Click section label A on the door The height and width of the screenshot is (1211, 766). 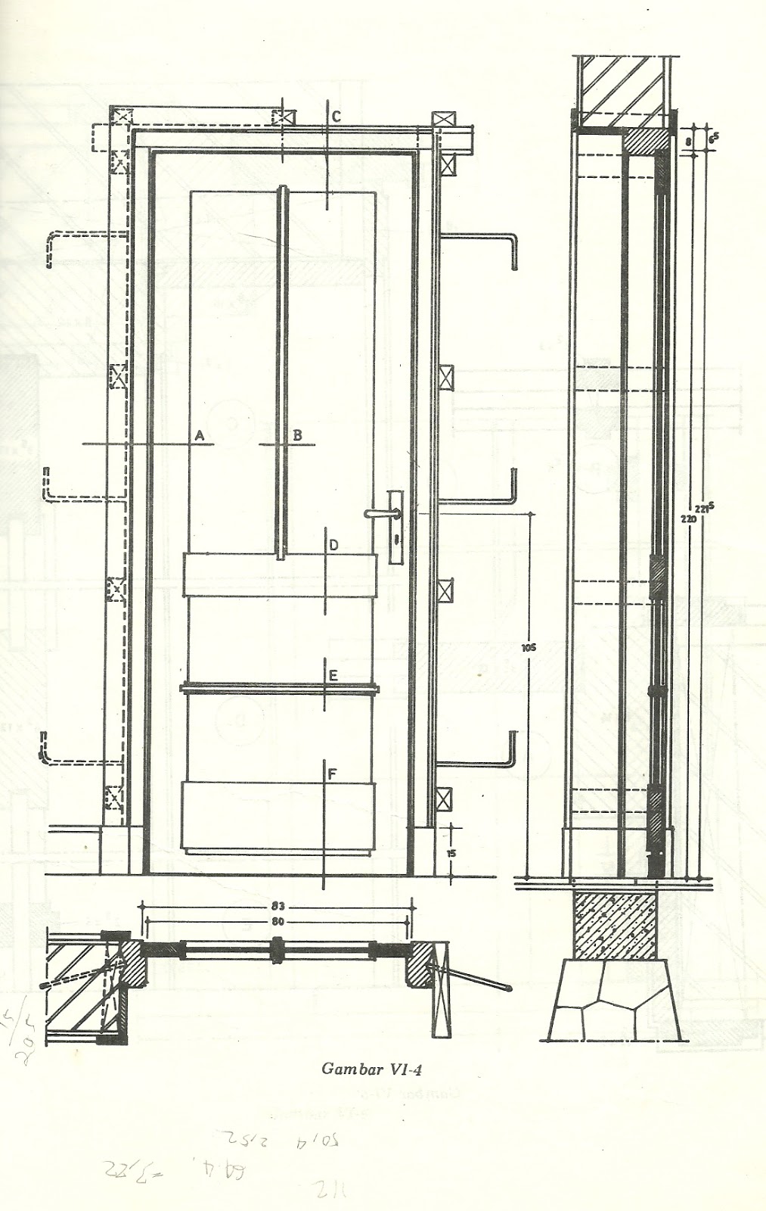[200, 434]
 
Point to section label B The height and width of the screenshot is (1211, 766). [297, 434]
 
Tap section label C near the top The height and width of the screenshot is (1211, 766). [336, 117]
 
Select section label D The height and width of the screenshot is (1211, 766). [333, 545]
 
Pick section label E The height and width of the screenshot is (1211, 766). [332, 676]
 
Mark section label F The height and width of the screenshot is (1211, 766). [332, 774]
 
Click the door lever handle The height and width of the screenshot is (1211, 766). [377, 512]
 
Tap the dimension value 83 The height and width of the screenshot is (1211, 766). [278, 904]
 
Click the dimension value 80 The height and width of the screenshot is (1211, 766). [278, 922]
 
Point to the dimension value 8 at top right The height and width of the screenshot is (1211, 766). [687, 141]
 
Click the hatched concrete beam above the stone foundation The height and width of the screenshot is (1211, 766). [615, 926]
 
